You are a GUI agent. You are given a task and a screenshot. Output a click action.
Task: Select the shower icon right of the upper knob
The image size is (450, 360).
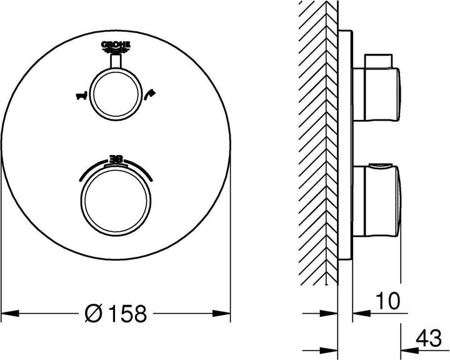[x=151, y=95]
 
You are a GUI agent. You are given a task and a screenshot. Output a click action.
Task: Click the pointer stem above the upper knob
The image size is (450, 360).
[x=117, y=61]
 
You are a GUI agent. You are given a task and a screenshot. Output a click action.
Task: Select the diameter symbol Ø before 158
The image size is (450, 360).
[x=95, y=312]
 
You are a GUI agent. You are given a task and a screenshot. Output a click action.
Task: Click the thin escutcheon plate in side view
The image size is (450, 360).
[x=346, y=144]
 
